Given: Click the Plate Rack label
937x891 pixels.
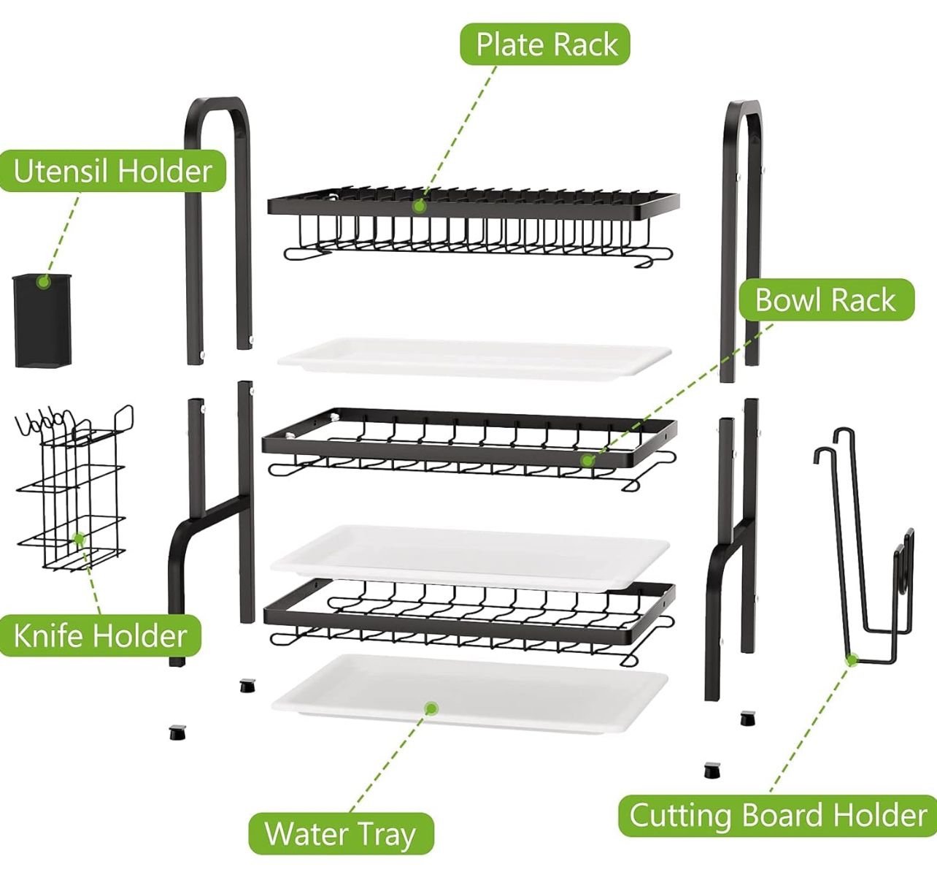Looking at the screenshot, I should [x=546, y=45].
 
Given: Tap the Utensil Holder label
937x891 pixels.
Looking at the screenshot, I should [x=112, y=172].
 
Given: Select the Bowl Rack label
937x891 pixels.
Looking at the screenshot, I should [x=825, y=300].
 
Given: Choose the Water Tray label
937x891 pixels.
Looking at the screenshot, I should [x=340, y=833].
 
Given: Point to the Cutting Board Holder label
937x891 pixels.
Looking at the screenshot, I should [x=778, y=815].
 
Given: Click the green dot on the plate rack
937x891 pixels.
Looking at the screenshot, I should [x=419, y=207].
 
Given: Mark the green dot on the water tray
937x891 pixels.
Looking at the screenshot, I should [x=431, y=708].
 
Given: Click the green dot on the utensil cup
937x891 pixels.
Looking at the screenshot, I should [x=44, y=282].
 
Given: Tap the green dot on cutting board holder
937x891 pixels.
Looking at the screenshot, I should [x=851, y=660].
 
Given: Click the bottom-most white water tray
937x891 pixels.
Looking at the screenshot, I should [x=470, y=694].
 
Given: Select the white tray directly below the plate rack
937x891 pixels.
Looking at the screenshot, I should [x=474, y=356].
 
